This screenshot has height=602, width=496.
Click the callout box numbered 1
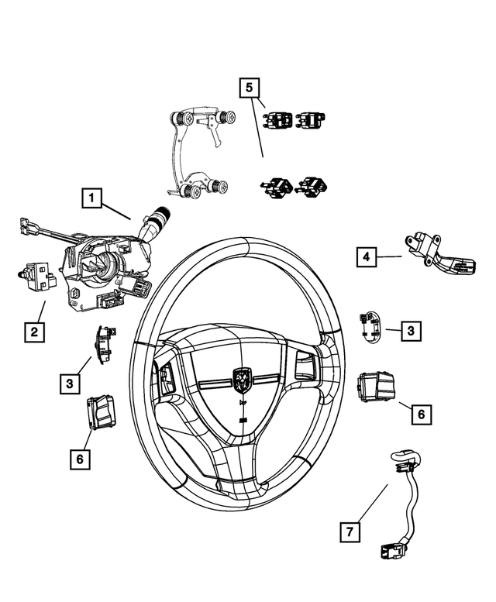point(92,200)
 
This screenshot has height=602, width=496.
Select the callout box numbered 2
point(33,332)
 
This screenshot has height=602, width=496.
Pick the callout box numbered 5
point(249,88)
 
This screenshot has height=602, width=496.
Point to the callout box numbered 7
point(350,531)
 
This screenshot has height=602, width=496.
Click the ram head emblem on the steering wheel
point(242,379)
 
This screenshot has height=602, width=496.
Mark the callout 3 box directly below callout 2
point(70,382)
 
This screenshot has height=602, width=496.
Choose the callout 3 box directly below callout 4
point(412,331)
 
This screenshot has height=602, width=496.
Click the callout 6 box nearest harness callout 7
point(420,415)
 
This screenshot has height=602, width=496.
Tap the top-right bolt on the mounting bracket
point(229,118)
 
